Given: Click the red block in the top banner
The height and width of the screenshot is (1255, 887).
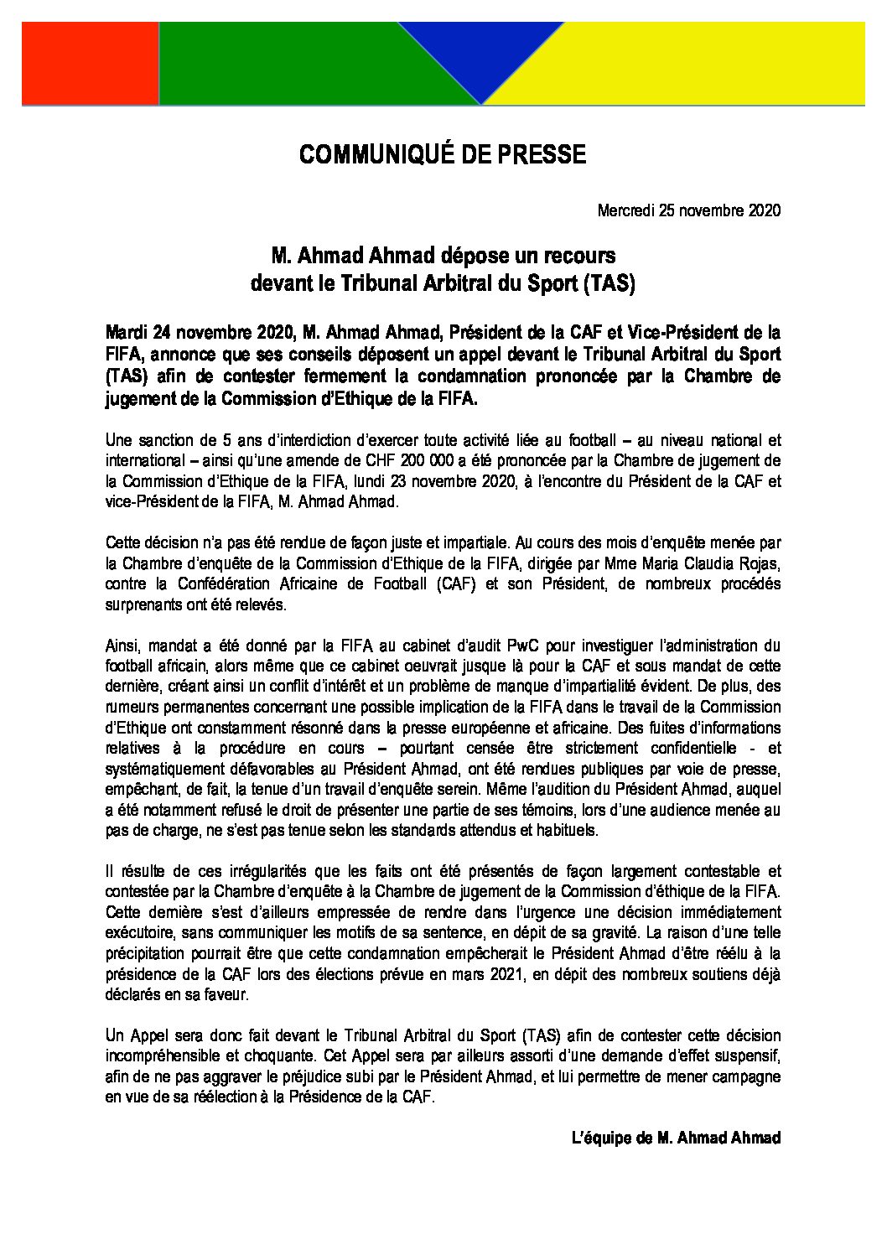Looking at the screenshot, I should [x=90, y=65].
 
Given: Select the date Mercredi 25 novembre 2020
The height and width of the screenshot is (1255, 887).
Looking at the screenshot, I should [x=689, y=210].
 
